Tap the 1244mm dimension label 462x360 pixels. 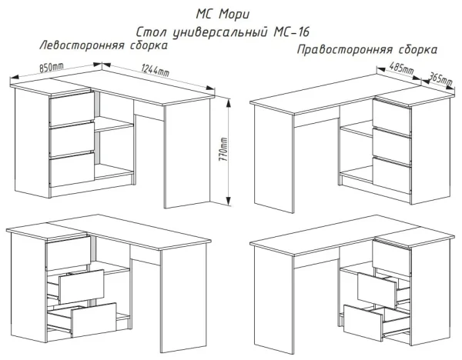coord(156,72)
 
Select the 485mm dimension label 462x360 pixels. coord(401,71)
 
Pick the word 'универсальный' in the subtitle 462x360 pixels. coord(218,33)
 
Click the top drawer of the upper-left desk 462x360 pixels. coord(70,111)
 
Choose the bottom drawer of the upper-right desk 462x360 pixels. coord(392,172)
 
